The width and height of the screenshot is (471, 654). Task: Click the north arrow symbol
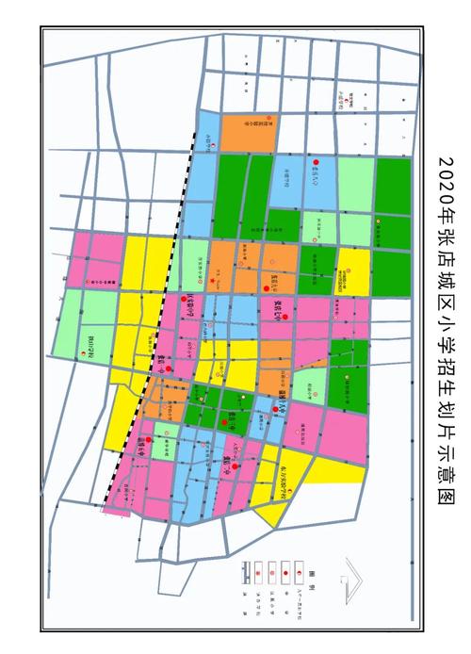pos(357,575)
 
